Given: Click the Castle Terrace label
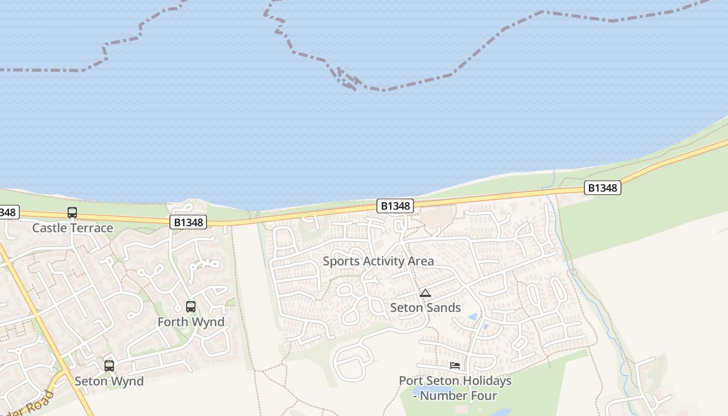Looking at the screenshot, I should pos(72,228).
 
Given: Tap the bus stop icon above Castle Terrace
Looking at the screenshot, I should pos(72,213).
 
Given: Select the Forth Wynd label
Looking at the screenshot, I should pos(191,322).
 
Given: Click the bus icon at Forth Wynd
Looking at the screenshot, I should pos(191,307).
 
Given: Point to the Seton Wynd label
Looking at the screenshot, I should pos(109,381).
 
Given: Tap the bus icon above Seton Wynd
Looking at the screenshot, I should pos(109,366).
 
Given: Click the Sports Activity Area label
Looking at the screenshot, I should pos(378,261).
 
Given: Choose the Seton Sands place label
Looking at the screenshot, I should pos(425,307).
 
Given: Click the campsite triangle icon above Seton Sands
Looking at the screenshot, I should pos(425,293).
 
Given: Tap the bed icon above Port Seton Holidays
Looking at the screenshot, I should pos(455,366).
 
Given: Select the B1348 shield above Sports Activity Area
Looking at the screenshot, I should pos(396,206).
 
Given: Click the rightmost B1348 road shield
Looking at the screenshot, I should pos(603,188).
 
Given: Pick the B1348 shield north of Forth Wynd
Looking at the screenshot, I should pos(188,223).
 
